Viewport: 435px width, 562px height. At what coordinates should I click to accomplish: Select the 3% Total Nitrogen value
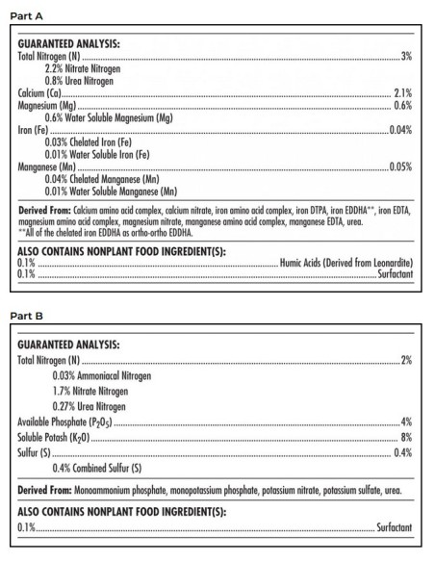pyautogui.click(x=406, y=58)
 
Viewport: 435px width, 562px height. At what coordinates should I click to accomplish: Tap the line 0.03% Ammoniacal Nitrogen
pyautogui.click(x=100, y=376)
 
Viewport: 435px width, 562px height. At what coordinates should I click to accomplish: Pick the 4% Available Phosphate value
pyautogui.click(x=406, y=422)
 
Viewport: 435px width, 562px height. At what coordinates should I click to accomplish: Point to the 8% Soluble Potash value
pyautogui.click(x=406, y=438)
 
